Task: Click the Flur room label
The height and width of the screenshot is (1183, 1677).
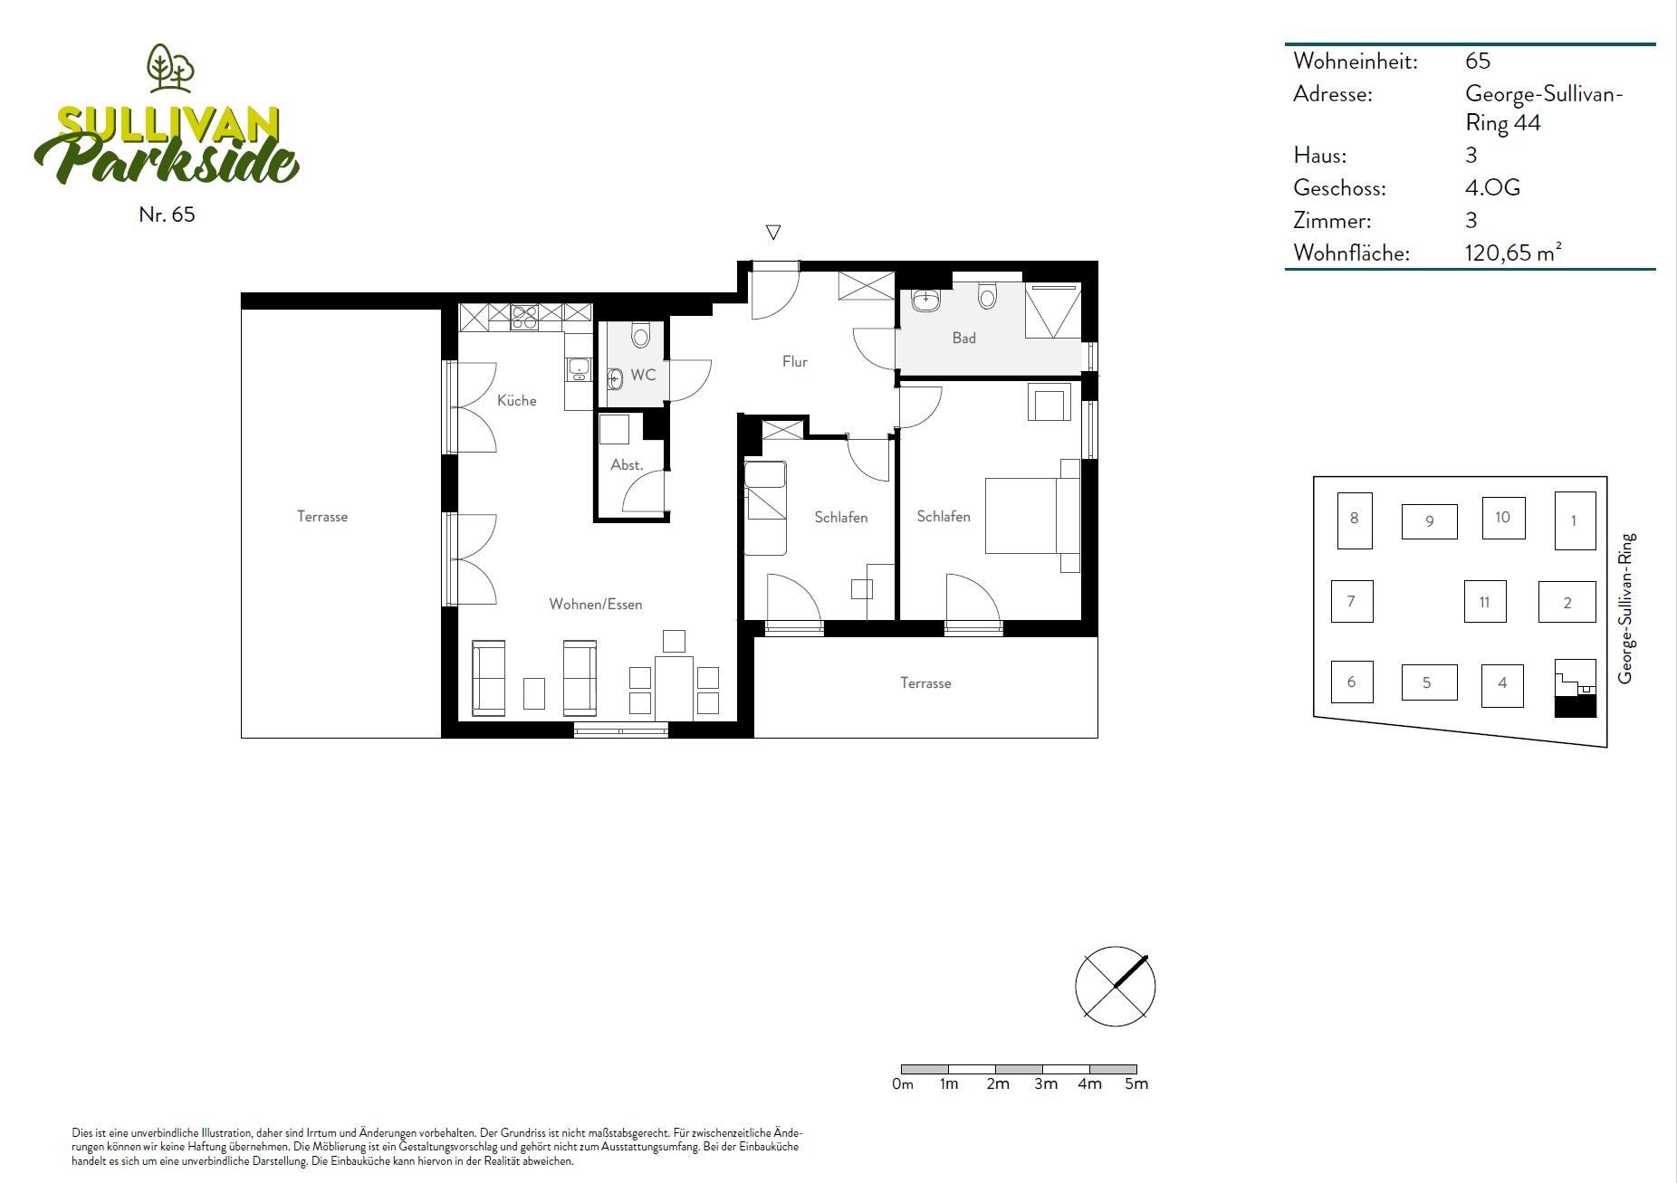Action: tap(794, 361)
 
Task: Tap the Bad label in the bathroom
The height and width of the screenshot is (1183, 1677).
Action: tap(963, 338)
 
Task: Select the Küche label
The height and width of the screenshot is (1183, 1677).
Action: tap(516, 400)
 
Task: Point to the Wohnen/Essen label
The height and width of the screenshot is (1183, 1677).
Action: tap(595, 604)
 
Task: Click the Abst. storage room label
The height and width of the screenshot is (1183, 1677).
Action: tap(626, 464)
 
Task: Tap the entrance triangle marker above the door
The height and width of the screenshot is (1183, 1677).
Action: tap(773, 233)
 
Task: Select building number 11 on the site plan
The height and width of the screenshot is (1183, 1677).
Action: tap(1484, 602)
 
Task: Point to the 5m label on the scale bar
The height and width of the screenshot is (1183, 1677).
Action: tap(1136, 1083)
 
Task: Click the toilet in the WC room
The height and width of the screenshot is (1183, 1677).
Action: tap(641, 336)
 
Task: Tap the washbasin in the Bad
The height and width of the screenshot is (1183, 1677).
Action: tap(925, 301)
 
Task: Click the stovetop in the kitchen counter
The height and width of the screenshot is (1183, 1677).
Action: tap(524, 317)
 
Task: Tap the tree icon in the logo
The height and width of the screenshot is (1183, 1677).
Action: tap(170, 68)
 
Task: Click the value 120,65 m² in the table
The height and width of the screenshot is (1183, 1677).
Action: tap(1512, 253)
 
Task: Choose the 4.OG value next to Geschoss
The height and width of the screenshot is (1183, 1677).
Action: tap(1492, 187)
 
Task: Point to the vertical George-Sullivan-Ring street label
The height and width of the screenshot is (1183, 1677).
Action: tap(1626, 608)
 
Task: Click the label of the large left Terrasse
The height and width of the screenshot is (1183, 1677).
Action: tap(322, 516)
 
